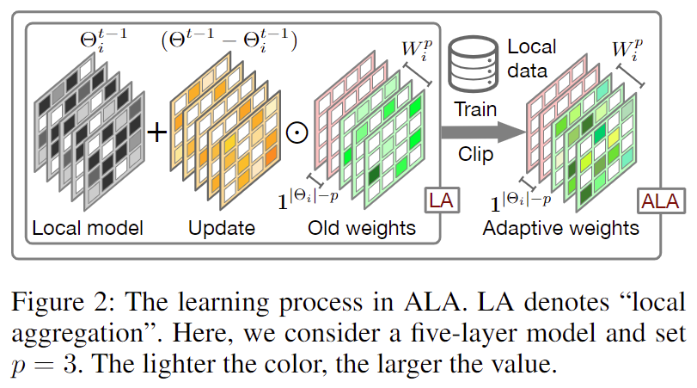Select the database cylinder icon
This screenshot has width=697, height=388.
475,58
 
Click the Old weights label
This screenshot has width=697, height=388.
361,229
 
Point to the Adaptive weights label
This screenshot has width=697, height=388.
560,229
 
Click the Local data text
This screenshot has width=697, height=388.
530,59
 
